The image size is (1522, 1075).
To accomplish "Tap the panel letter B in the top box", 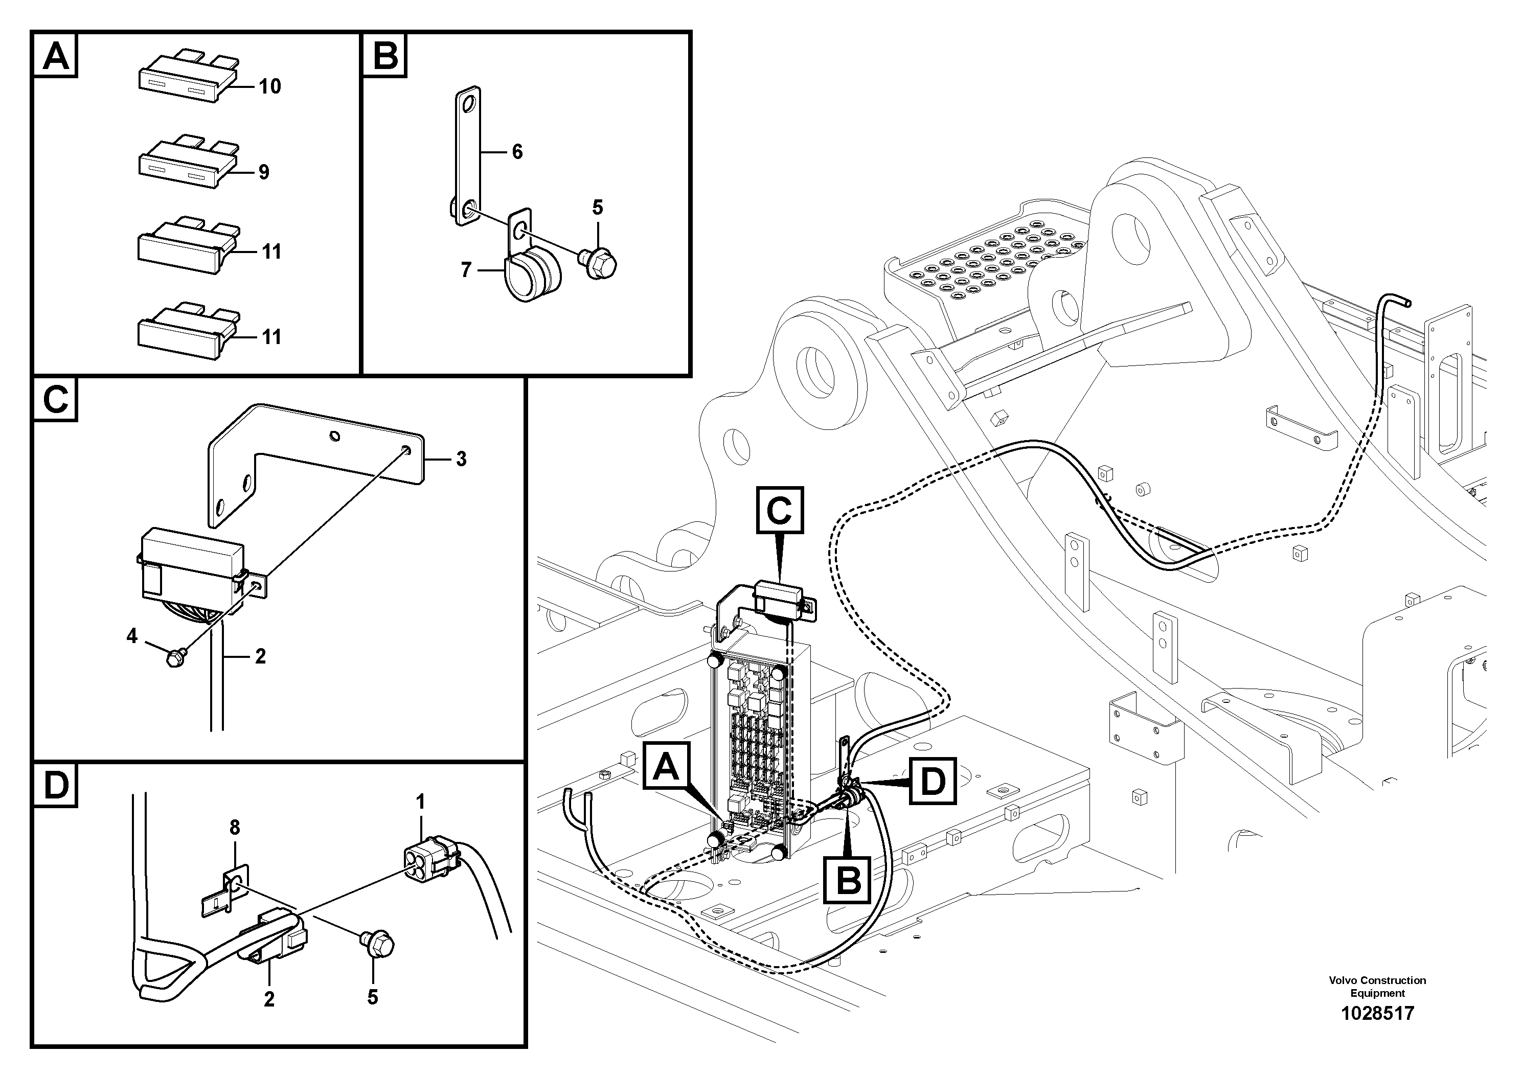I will click(x=385, y=56).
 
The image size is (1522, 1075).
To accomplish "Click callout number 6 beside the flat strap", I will click(x=517, y=152).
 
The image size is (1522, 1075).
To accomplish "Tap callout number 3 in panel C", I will click(x=461, y=459).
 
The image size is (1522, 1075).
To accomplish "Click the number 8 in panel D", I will click(x=235, y=827).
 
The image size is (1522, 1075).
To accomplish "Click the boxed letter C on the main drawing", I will click(x=779, y=510).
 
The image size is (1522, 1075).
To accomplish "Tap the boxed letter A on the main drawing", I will click(x=666, y=766).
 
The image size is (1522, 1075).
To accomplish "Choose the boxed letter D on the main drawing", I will click(x=932, y=782).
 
